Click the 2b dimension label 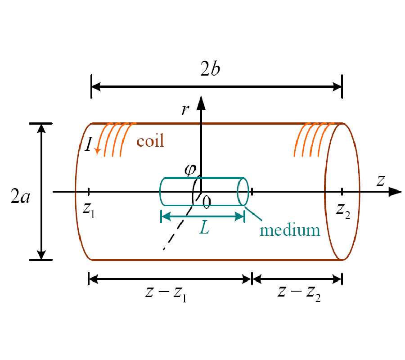coord(210,69)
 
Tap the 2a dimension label coord(20,196)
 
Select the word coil coord(150,141)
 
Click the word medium coord(290,230)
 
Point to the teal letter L coord(204,228)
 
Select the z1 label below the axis coord(89,211)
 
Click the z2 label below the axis coord(343,211)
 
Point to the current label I coord(89,144)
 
